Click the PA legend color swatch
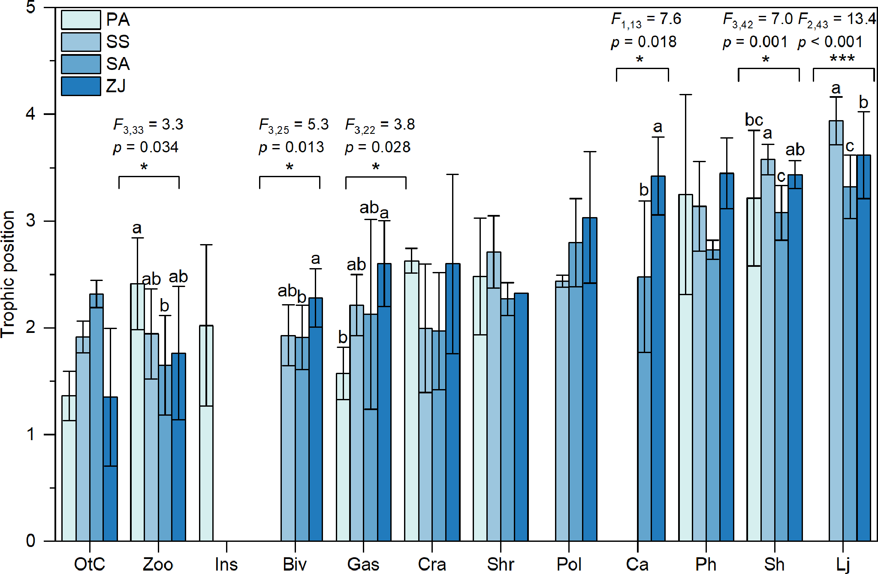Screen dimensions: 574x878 pos(81,20)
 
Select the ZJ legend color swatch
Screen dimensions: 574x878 pos(81,86)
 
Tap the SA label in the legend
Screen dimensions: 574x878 pos(118,64)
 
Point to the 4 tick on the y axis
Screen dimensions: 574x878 pos(30,114)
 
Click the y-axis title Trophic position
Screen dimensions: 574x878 pos(9,275)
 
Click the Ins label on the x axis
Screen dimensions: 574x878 pos(226,564)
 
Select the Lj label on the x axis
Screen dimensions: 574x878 pos(842,564)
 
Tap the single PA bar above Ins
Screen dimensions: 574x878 pos(206,433)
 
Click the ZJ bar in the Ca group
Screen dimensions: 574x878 pos(658,359)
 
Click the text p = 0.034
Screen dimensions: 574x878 pos(146,147)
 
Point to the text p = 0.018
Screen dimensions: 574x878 pos(643,42)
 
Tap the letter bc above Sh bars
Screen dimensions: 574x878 pos(754,120)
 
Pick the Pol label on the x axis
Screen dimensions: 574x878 pos(568,564)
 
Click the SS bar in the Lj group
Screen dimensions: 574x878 pos(836,330)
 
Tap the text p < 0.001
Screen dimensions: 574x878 pos(830,42)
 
